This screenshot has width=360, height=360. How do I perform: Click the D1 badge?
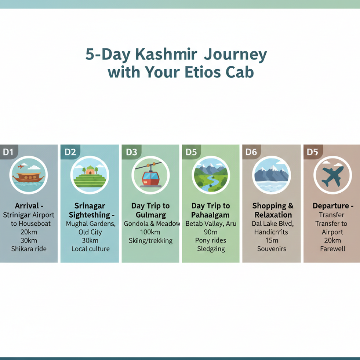(8, 152)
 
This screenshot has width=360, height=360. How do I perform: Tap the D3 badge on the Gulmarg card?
(131, 152)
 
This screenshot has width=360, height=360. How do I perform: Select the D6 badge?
(251, 152)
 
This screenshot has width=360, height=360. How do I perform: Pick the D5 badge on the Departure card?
(312, 152)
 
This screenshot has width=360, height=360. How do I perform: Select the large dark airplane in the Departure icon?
(332, 176)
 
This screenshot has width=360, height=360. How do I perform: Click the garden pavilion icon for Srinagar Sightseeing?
(90, 170)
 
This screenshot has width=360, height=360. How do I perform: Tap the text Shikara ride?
(29, 249)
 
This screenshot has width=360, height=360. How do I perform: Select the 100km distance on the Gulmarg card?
(150, 232)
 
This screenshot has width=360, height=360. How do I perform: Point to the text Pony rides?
(211, 240)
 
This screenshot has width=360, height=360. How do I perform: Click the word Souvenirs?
(272, 249)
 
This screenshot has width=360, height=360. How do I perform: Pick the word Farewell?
(333, 249)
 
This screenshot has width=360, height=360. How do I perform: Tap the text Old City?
(90, 232)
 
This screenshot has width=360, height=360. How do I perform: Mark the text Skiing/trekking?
(150, 240)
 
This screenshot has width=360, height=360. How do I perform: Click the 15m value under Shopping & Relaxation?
(272, 240)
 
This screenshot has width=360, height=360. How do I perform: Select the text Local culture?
(90, 249)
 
